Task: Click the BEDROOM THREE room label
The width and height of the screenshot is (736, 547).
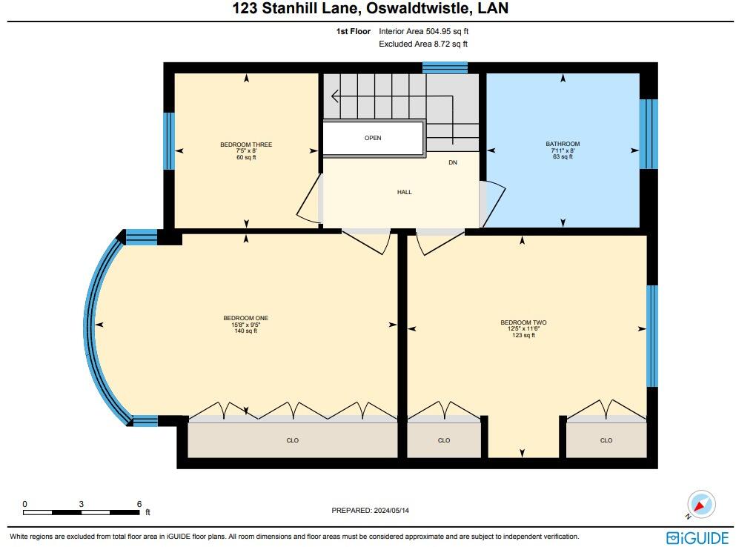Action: coord(246,145)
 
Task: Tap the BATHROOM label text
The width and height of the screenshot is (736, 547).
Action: coord(563,144)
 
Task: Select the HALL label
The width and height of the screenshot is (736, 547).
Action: coord(404,192)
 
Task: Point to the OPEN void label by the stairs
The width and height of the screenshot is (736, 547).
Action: coord(373,138)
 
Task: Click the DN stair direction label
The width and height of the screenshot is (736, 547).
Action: coord(453,162)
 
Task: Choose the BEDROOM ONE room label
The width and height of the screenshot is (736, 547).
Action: coord(245,318)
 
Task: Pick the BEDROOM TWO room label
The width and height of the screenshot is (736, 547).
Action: coord(523,322)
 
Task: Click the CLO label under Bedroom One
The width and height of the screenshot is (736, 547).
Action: coord(292,440)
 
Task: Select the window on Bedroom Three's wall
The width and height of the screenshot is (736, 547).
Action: coord(169,141)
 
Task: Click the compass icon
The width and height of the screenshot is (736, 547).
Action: coord(700,505)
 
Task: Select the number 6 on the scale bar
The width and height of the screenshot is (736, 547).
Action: coord(139,504)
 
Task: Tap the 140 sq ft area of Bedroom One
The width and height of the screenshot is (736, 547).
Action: coord(245,331)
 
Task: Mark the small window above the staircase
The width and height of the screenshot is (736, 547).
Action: coord(445,67)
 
